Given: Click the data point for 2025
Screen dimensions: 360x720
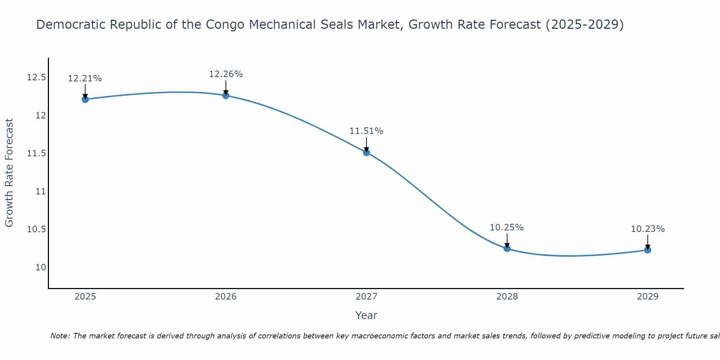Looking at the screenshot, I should (85, 99).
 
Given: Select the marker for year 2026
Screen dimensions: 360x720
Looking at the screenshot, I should (226, 95).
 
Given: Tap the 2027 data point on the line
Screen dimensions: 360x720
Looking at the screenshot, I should (366, 152).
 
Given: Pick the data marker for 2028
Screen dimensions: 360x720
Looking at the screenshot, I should (507, 248).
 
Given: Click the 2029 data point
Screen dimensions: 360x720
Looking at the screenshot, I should (648, 250).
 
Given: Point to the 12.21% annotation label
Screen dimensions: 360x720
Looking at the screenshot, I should (85, 78).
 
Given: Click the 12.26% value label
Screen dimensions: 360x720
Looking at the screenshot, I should (226, 74).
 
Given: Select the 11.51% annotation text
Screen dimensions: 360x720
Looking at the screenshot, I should (366, 131).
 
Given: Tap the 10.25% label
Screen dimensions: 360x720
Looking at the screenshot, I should (507, 228).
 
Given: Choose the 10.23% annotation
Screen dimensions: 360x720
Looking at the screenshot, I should (648, 229).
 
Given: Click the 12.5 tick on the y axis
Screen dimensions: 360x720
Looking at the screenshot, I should (36, 77).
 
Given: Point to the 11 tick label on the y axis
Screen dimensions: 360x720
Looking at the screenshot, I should (41, 192).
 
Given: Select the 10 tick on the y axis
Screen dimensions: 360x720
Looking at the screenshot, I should (41, 267).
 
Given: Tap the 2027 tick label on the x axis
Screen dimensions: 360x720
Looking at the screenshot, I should (366, 297).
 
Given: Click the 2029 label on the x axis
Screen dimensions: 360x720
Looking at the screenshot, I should (648, 297).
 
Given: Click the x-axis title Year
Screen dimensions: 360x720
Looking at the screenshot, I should (366, 315).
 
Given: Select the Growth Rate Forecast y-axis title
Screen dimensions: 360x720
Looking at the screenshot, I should (9, 173).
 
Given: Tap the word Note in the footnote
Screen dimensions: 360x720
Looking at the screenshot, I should (60, 336).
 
